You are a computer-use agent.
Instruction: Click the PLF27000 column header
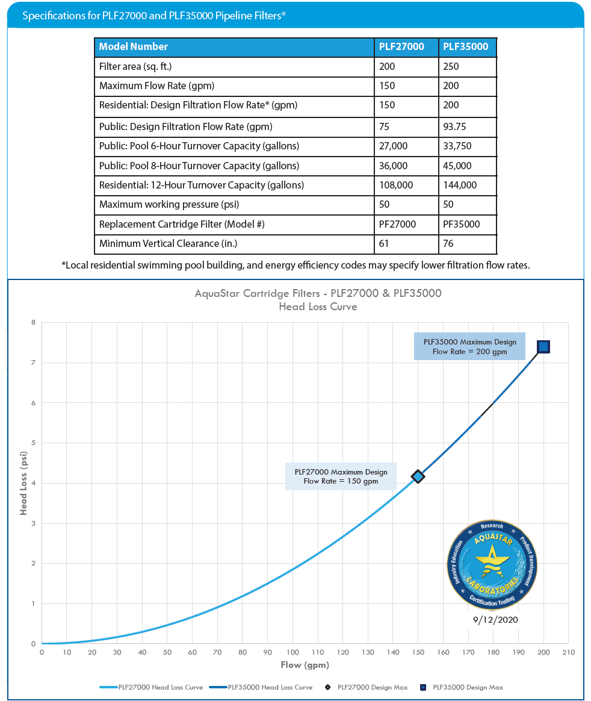(x=401, y=47)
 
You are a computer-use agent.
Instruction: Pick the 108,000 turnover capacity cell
(x=396, y=185)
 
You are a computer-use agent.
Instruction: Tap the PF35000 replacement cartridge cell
(x=462, y=224)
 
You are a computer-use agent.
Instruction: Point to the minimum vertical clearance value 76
(x=448, y=243)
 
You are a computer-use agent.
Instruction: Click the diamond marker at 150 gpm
(x=418, y=477)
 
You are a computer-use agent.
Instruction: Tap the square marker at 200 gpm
(x=543, y=346)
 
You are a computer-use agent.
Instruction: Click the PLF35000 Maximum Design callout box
(x=469, y=346)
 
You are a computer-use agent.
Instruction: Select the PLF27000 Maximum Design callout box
(x=341, y=476)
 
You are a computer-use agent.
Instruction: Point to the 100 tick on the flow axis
(x=292, y=652)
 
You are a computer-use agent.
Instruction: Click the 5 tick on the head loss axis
(x=34, y=443)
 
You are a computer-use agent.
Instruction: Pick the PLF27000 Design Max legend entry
(x=367, y=687)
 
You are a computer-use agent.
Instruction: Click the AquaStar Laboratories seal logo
(x=492, y=564)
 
